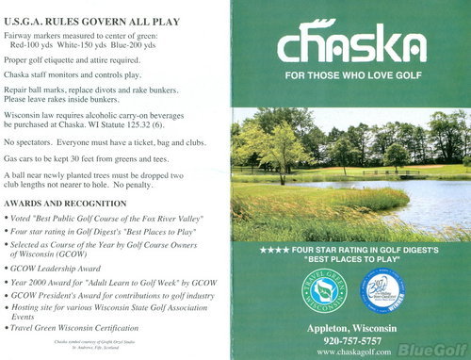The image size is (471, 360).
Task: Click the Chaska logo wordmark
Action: (350, 44)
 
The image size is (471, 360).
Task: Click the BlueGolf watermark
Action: (436, 348)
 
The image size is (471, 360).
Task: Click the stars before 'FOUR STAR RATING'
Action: (276, 249)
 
